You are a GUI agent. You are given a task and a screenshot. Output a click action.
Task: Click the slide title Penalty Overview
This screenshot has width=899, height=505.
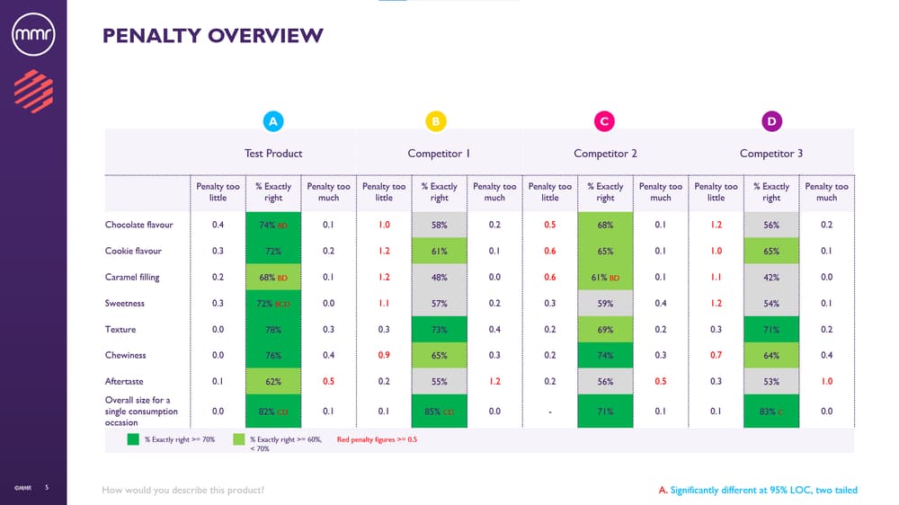point(212,36)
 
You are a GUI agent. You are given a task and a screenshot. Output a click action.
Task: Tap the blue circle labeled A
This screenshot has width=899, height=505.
point(274,121)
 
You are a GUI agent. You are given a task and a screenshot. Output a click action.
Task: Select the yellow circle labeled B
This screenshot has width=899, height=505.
point(435,121)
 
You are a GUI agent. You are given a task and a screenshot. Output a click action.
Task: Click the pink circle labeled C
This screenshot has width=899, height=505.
point(604,121)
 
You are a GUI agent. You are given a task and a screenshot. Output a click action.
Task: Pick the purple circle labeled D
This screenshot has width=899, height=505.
point(771,121)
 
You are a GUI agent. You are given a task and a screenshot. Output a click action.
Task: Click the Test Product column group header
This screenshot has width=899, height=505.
point(273,154)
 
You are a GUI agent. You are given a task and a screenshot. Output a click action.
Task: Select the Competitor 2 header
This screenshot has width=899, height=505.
point(605,154)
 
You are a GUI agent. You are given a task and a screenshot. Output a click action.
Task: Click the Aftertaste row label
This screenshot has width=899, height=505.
point(124,382)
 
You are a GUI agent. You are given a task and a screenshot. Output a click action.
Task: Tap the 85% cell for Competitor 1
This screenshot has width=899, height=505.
point(440,412)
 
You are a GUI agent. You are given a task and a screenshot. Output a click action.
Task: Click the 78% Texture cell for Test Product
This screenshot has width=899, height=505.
point(273,330)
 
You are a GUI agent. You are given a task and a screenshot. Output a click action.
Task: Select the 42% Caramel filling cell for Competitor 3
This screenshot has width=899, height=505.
point(771,277)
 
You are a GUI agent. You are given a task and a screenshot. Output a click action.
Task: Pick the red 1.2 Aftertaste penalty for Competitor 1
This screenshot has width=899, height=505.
point(494,382)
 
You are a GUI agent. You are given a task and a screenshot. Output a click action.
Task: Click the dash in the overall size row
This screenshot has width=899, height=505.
point(550,412)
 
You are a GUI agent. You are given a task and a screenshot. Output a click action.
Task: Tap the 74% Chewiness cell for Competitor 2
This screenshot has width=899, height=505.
point(605,356)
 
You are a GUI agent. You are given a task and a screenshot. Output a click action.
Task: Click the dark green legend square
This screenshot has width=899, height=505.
point(132,440)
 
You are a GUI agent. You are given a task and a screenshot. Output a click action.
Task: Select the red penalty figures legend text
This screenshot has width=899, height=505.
point(377,440)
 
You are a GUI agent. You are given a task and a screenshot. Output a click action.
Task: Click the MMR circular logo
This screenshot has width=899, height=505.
point(33,37)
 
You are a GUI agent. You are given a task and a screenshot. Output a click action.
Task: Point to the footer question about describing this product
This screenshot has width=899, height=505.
point(183,490)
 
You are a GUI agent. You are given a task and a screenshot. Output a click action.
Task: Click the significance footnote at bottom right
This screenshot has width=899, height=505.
point(758,490)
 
